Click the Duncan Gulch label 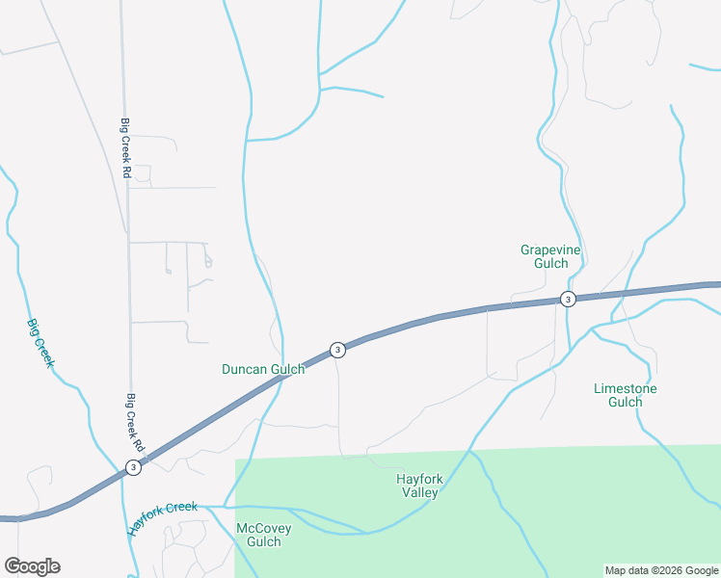coord(263,369)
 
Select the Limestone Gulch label coord(625,395)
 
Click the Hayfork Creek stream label coord(161,517)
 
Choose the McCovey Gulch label coord(263,535)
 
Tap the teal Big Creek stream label coord(40,344)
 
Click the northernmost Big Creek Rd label coord(125,146)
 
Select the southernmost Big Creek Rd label coord(134,422)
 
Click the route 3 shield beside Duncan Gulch coord(337,350)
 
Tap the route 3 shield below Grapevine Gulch coord(568,300)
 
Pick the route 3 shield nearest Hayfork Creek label coord(133,467)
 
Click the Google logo coord(32,566)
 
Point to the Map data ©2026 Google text coord(661,570)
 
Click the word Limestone coord(625,389)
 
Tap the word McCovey coord(263,528)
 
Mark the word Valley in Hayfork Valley coord(420,492)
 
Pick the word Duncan coord(243,369)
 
